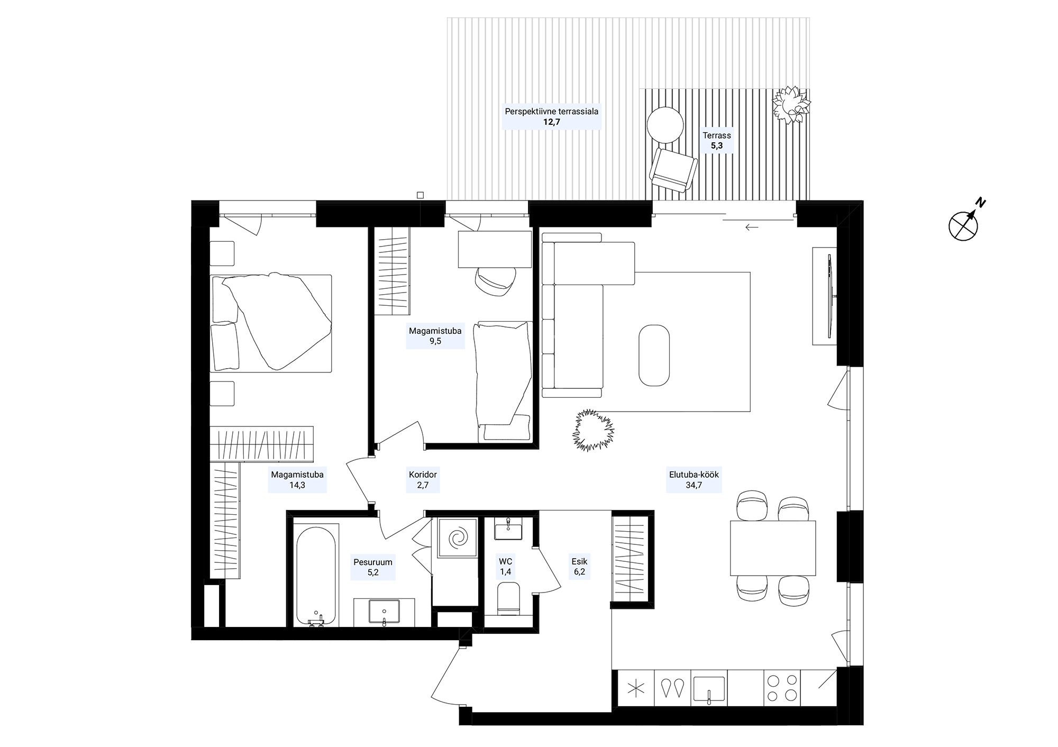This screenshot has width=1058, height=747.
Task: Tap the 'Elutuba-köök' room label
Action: [x=694, y=475]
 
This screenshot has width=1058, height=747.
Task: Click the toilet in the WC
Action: [x=509, y=599]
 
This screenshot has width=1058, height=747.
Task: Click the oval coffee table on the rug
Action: [x=654, y=355]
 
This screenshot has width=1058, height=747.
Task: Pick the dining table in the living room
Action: [x=773, y=548]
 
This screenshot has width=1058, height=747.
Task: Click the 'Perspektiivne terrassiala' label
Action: [x=551, y=112]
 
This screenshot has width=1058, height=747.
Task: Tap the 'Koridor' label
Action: [x=423, y=475]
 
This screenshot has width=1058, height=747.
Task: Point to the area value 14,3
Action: [x=297, y=485]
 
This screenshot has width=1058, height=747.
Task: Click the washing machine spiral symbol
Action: [x=458, y=538]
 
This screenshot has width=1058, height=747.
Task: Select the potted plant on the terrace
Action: [x=791, y=105]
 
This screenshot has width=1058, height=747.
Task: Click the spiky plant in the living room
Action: [x=593, y=430]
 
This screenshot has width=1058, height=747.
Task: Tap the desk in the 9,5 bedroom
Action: [x=495, y=249]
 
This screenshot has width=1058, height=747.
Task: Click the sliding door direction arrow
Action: [x=752, y=227]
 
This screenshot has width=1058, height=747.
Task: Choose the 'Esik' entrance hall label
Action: [x=579, y=561]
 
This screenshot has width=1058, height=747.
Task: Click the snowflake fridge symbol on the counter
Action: [x=636, y=688]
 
